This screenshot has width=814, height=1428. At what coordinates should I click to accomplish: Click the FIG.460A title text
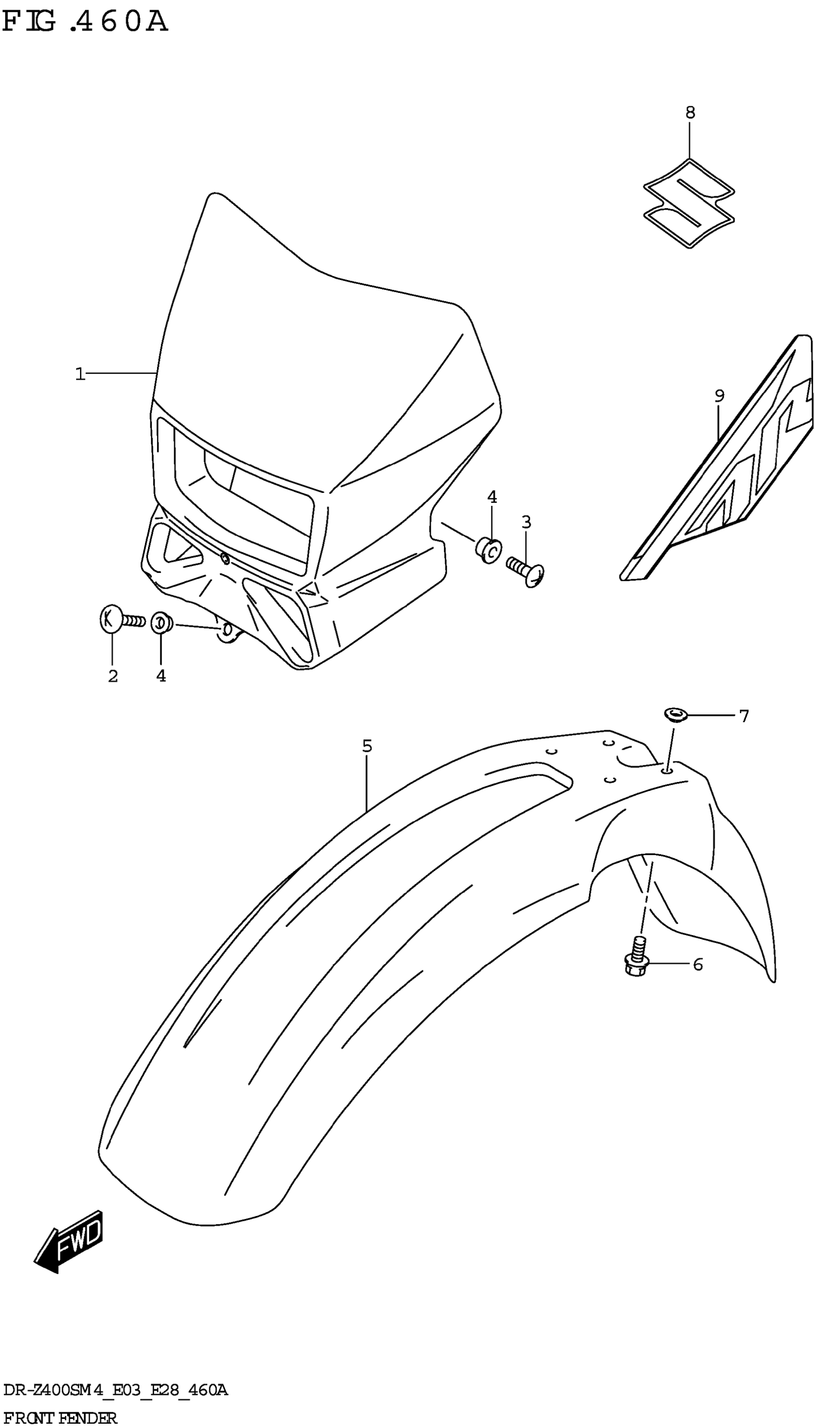click(85, 22)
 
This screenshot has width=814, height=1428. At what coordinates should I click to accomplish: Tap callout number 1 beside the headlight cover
click(80, 374)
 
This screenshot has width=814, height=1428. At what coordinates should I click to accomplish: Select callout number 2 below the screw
click(113, 676)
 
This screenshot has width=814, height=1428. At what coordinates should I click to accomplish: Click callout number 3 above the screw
click(526, 523)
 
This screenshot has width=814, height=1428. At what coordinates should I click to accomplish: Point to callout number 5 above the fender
click(367, 746)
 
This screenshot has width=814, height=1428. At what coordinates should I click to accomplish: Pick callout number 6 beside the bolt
click(698, 965)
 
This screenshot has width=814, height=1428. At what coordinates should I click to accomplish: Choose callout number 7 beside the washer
click(744, 716)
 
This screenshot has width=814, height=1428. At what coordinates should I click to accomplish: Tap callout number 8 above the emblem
click(690, 113)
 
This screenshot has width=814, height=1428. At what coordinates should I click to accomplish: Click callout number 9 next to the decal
click(720, 396)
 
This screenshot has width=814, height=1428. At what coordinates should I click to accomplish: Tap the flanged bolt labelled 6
click(636, 959)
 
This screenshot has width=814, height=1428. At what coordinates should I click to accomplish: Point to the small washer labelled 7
click(675, 714)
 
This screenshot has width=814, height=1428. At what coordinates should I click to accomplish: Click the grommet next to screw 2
click(161, 622)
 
